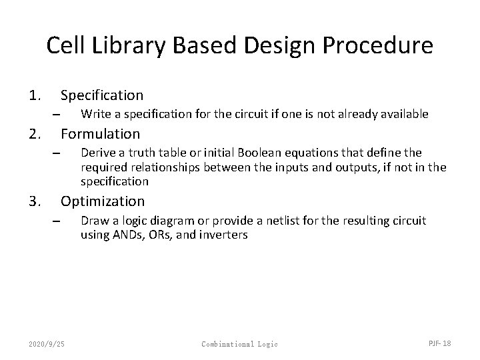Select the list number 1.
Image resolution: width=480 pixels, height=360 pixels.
[34, 95]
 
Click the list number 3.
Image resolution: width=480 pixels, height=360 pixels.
[34, 201]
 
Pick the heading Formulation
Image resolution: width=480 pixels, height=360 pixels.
[101, 134]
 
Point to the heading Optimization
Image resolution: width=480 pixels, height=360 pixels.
[103, 201]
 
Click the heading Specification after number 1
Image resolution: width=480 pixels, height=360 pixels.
[102, 95]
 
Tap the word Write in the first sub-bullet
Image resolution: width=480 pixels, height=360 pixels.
[95, 114]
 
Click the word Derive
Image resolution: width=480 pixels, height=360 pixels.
[97, 153]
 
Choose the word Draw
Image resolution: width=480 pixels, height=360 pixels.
[93, 220]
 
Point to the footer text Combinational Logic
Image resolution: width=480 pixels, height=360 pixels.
[239, 343]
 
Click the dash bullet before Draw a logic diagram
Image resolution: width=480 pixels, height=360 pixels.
[57, 221]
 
